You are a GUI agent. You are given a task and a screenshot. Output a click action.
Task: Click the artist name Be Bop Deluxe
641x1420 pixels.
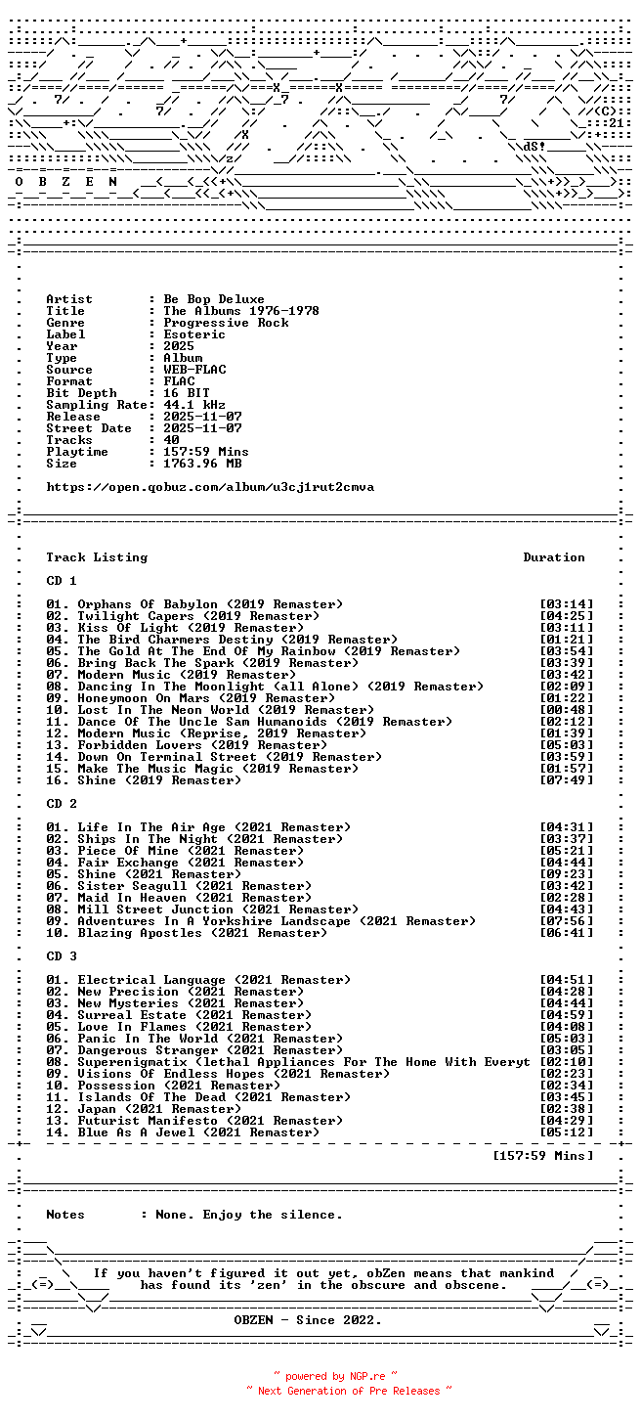pyautogui.click(x=213, y=299)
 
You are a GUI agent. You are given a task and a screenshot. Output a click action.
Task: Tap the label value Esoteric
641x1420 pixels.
pyautogui.click(x=193, y=334)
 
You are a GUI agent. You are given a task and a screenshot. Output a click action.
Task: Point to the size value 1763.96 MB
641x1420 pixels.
pyautogui.click(x=201, y=464)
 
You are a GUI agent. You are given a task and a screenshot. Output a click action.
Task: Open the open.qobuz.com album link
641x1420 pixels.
pyautogui.click(x=209, y=487)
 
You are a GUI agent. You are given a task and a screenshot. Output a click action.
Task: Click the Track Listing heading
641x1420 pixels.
pyautogui.click(x=97, y=557)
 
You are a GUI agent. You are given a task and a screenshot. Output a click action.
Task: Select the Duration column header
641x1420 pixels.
pyautogui.click(x=553, y=557)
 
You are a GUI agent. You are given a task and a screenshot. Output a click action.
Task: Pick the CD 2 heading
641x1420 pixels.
pyautogui.click(x=62, y=804)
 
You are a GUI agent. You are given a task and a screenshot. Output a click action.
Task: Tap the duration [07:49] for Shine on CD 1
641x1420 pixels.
pyautogui.click(x=566, y=780)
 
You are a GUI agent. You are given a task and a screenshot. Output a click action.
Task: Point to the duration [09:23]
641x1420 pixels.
pyautogui.click(x=566, y=874)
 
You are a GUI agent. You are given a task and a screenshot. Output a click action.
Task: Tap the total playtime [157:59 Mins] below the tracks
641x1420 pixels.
pyautogui.click(x=543, y=1156)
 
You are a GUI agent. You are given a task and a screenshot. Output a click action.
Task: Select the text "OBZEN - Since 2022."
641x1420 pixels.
pyautogui.click(x=308, y=1320)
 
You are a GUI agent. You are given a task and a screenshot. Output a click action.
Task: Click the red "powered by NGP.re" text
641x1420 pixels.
pyautogui.click(x=335, y=1376)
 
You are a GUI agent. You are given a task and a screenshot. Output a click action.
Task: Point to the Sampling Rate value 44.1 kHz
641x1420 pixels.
pyautogui.click(x=193, y=405)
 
